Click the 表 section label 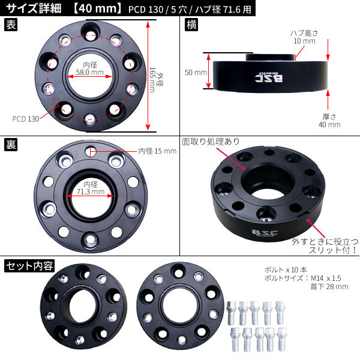(11, 25)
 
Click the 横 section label (191, 25)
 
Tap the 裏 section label (11, 145)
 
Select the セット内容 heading (29, 266)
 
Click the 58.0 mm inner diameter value (90, 73)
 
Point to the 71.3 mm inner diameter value (91, 192)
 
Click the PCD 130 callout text (26, 119)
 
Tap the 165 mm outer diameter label (152, 80)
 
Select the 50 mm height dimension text (196, 73)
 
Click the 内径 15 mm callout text (157, 151)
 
